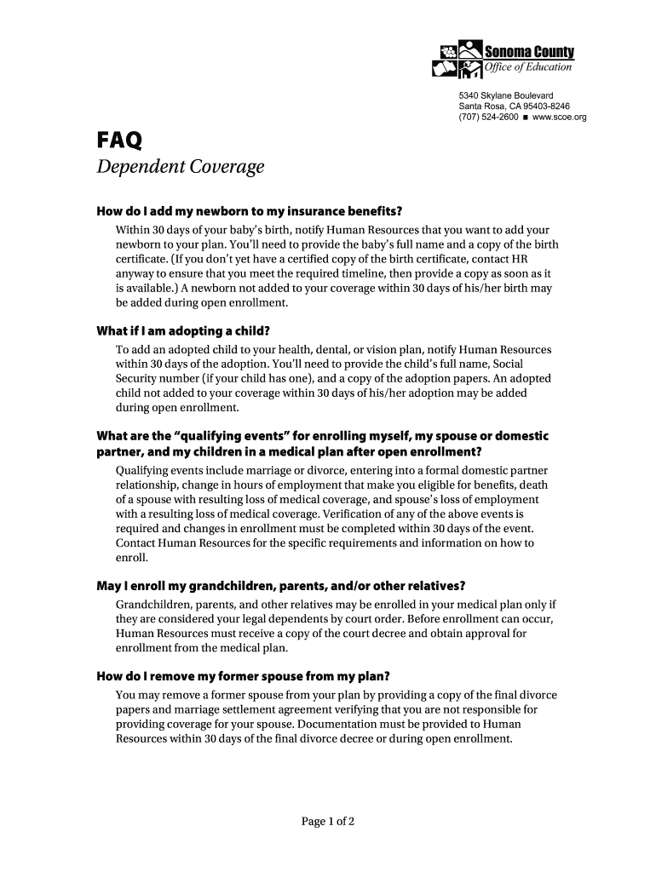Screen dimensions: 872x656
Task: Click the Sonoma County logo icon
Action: click(x=457, y=60)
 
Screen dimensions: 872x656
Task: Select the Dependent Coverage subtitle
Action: click(x=180, y=168)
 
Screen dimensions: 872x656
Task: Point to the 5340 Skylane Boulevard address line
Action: click(x=506, y=95)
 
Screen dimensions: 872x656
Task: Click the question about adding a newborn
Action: click(x=248, y=212)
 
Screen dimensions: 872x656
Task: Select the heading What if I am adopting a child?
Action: click(x=187, y=331)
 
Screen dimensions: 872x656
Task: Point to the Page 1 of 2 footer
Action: click(x=328, y=822)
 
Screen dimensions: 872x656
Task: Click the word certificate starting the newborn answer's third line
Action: click(x=141, y=260)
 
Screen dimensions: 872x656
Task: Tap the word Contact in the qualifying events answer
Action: click(x=136, y=543)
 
